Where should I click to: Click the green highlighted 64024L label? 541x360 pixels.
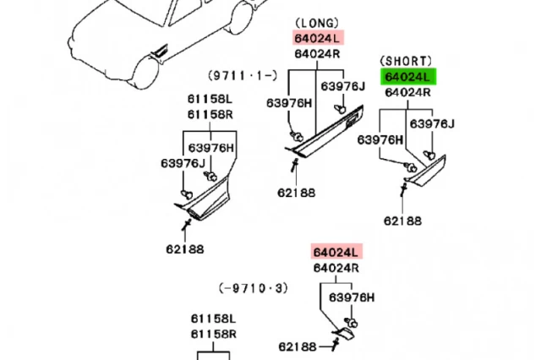pos(408,77)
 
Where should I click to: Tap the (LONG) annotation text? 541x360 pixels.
pos(317,23)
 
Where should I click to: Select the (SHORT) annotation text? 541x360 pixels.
pos(406,61)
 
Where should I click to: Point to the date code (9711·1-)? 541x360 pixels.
pos(243,75)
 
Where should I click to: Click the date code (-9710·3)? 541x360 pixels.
pos(254,288)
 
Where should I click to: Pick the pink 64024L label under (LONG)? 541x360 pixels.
pos(318,37)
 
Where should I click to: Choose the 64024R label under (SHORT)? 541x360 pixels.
pos(407,92)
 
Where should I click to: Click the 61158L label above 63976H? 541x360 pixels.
pos(210,100)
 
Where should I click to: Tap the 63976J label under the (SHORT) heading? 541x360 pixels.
pos(432,123)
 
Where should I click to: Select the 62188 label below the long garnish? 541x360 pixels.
pos(297,193)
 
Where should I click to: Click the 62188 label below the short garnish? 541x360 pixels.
pos(402,221)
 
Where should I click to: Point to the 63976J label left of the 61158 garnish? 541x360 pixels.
pos(183,163)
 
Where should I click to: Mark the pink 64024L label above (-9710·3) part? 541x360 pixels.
pos(336,252)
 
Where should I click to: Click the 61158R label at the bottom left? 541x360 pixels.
pos(214,334)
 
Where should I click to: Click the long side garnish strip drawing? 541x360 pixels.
pos(325,133)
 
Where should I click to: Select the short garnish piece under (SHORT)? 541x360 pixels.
pos(426,171)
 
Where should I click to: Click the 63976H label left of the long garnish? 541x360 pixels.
pos(289,103)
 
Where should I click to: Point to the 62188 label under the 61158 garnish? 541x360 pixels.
pos(185,249)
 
